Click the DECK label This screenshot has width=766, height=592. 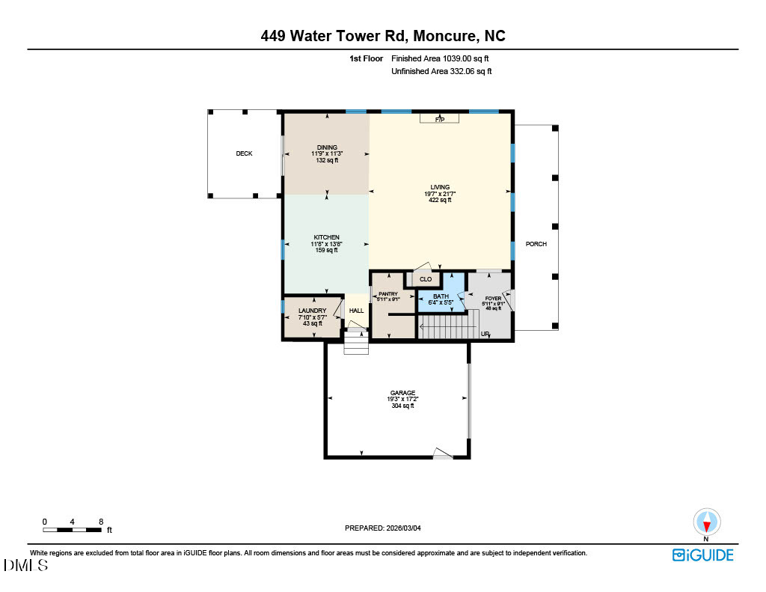pos(244,153)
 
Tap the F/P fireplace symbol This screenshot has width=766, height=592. pos(440,119)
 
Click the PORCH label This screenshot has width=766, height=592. pos(536,244)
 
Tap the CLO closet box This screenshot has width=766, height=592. pos(426,279)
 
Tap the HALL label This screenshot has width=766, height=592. pos(357,311)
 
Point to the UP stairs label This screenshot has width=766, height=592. pos(485,334)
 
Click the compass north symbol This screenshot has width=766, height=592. pos(706,522)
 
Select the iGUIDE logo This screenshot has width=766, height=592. pos(702,555)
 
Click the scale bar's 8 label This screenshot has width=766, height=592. pos(100,521)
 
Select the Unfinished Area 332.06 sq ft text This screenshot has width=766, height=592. pos(441,71)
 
